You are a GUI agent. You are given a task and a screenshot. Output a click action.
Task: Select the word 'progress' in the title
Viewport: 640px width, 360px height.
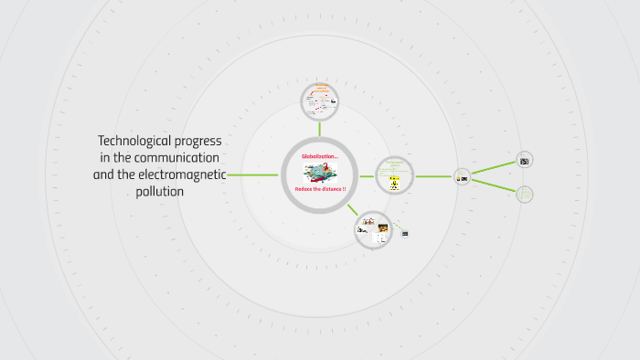(x=198, y=141)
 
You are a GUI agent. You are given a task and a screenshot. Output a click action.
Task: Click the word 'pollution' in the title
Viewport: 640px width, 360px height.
(x=159, y=192)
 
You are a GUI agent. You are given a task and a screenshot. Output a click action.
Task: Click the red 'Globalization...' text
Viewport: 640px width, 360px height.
(x=320, y=156)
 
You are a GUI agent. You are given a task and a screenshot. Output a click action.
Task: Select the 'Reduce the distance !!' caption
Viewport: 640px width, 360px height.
(x=320, y=188)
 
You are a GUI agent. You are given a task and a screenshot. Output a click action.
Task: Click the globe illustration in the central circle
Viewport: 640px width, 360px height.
(x=319, y=172)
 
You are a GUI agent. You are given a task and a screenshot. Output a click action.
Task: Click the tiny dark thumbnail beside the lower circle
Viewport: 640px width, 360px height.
(x=404, y=233)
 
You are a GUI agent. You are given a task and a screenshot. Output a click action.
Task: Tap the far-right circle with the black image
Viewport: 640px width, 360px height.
(x=525, y=160)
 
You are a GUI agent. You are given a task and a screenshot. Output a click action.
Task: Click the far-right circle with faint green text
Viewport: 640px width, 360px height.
(x=525, y=194)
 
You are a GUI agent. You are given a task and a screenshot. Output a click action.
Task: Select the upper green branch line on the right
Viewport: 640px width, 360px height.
(x=494, y=168)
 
